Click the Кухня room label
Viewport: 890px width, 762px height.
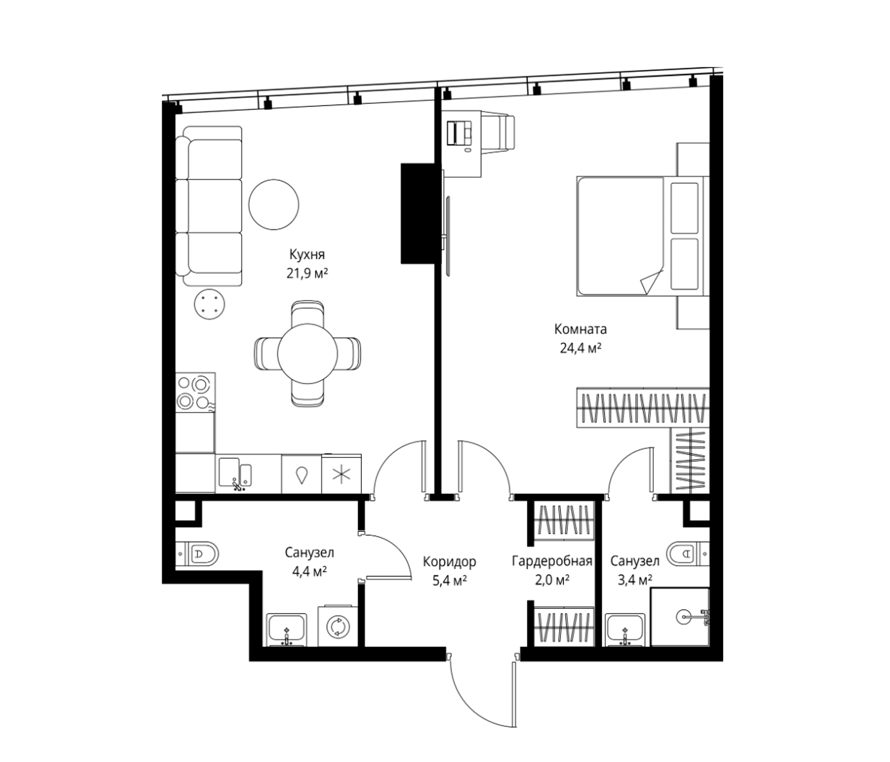click(x=307, y=255)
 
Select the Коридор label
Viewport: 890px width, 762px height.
click(x=449, y=561)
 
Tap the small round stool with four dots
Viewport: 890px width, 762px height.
click(x=209, y=304)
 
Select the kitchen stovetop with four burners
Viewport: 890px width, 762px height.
click(x=195, y=392)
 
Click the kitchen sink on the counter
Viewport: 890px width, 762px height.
click(x=235, y=474)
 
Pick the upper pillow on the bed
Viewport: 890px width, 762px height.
click(x=684, y=208)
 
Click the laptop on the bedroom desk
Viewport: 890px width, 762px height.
click(x=459, y=133)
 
